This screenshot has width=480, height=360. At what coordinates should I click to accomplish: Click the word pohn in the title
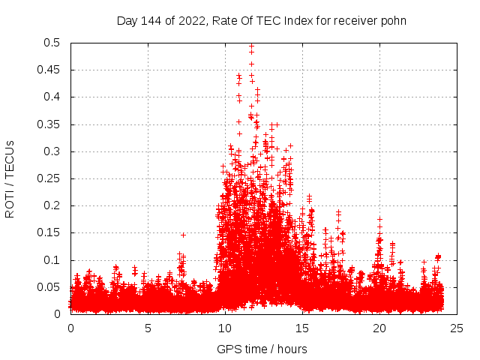(x=394, y=21)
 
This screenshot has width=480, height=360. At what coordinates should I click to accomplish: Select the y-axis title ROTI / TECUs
(x=10, y=178)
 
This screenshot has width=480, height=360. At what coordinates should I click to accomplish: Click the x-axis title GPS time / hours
(x=262, y=349)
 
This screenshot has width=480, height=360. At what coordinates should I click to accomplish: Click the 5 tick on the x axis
(x=148, y=328)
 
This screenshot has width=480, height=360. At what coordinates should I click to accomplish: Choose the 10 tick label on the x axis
(x=225, y=328)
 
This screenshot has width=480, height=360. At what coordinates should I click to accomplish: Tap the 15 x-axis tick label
(x=302, y=328)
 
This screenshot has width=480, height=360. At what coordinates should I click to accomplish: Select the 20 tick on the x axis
(x=379, y=328)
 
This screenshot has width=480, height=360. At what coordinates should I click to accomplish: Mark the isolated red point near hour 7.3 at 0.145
(x=183, y=235)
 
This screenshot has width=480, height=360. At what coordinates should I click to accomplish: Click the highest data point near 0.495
(x=251, y=46)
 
